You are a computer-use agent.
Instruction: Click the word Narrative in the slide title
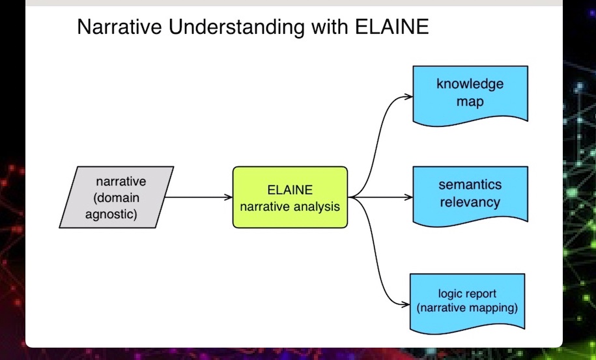119,27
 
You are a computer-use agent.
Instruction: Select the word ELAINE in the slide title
392,27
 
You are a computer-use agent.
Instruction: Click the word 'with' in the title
330,27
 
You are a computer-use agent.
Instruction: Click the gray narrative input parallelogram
117,197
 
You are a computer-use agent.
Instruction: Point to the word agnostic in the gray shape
111,215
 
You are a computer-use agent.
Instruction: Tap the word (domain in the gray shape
117,198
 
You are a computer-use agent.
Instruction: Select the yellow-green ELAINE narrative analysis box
290,197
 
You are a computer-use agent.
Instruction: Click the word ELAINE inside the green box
290,189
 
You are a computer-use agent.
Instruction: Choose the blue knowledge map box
470,96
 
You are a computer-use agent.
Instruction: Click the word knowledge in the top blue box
470,84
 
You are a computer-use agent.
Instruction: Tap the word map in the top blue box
470,102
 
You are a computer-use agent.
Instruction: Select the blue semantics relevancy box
470,197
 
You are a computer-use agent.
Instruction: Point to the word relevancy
470,202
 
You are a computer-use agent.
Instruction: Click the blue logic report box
468,303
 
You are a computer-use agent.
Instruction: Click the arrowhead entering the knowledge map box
409,97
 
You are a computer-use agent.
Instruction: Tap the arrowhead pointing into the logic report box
406,304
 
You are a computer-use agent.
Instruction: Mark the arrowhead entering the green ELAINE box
229,197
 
